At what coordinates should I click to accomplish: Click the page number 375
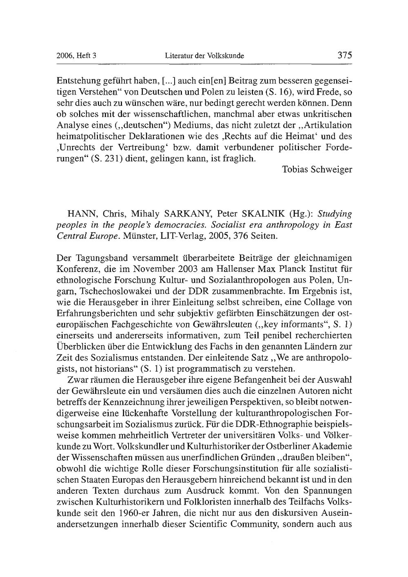click(x=344, y=55)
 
